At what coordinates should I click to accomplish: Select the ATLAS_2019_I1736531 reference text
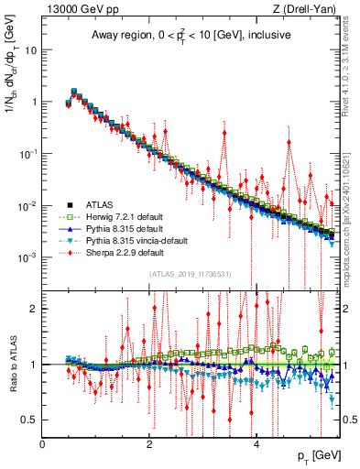pyautogui.click(x=191, y=273)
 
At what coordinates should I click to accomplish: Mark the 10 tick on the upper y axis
pyautogui.click(x=29, y=49)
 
